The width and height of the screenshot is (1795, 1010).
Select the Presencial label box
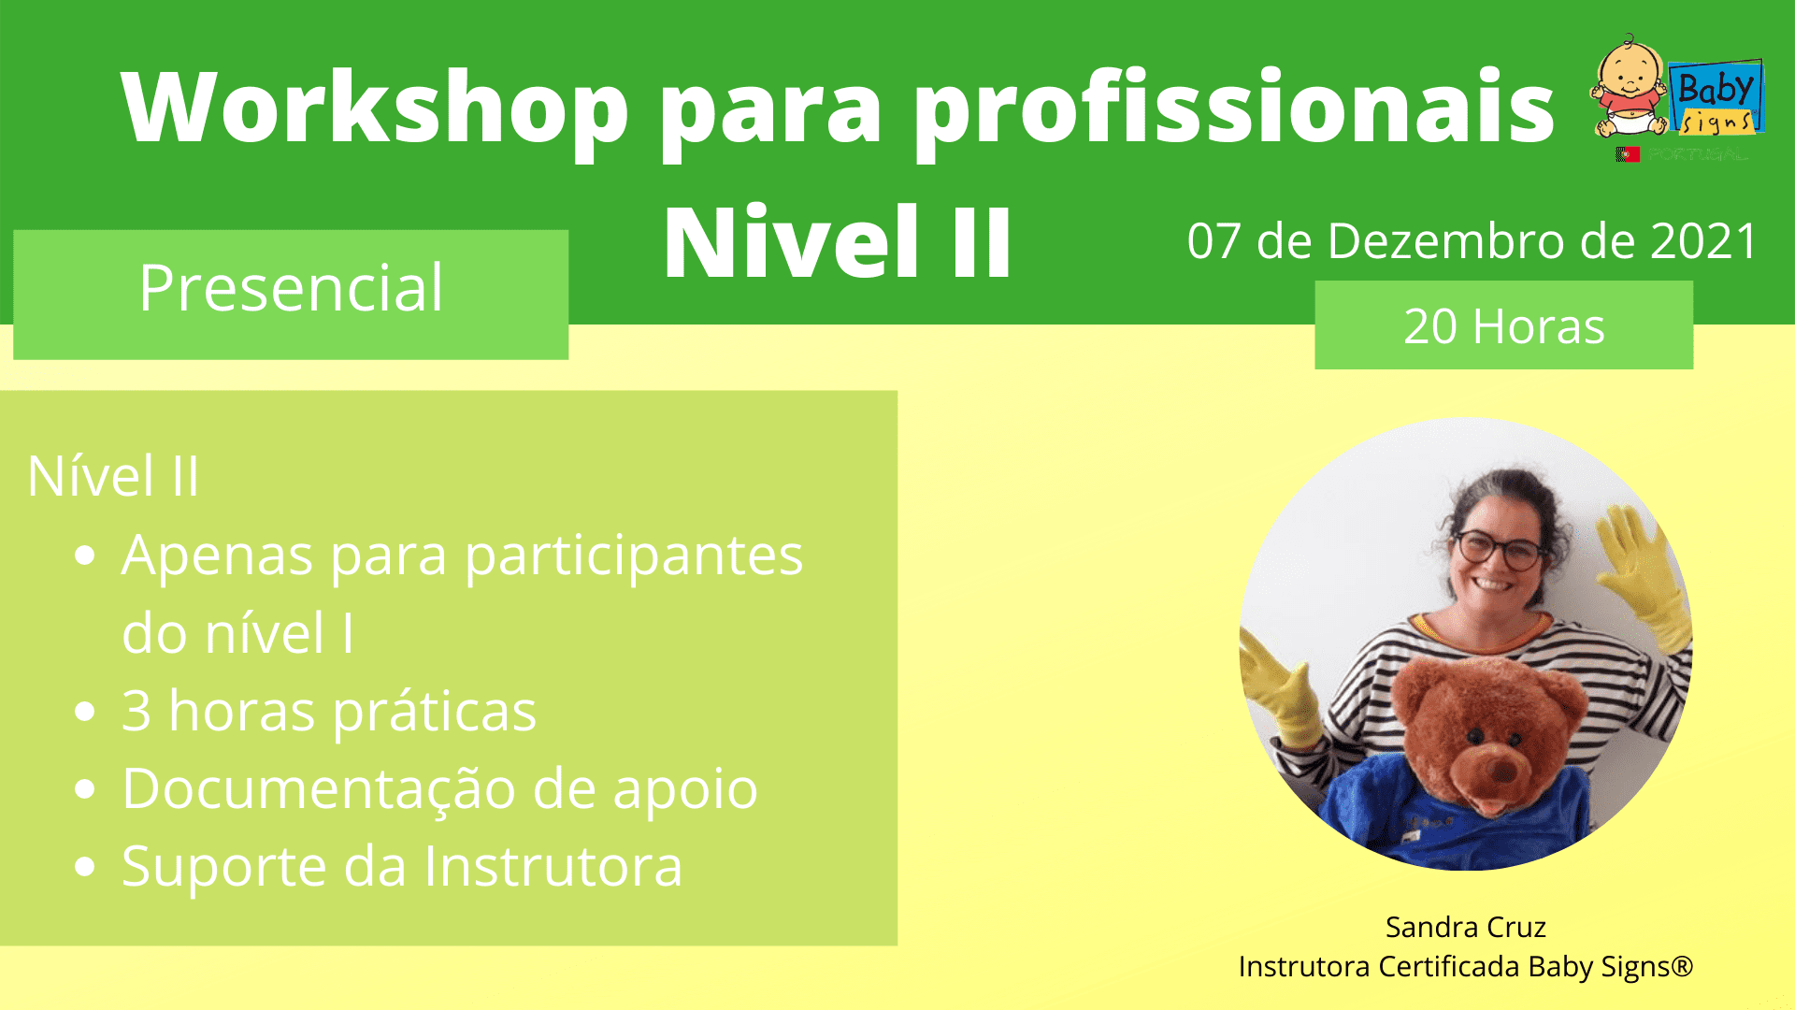(291, 295)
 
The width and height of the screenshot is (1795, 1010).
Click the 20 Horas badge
(1503, 325)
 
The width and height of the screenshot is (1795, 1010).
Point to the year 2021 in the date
(1704, 241)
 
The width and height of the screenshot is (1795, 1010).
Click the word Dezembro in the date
(1446, 241)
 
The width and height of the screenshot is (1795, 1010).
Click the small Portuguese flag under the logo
(1628, 154)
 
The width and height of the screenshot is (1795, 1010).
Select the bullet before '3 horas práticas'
(85, 712)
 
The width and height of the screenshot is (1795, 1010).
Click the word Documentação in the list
(319, 788)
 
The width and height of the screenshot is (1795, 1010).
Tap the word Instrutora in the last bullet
(553, 866)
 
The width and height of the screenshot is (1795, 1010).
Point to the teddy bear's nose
(1503, 770)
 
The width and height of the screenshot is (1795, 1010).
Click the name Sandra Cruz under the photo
(1465, 927)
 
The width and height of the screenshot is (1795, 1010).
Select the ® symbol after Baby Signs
(1682, 965)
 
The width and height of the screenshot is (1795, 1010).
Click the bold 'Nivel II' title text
(838, 242)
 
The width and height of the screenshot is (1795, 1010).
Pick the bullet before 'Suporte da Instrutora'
(85, 867)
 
